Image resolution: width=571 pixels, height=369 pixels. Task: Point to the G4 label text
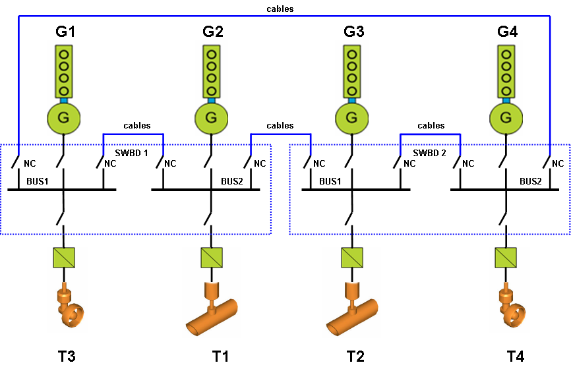click(506, 31)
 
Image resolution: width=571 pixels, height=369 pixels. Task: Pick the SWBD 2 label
click(429, 152)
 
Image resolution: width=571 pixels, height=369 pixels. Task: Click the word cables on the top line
click(280, 9)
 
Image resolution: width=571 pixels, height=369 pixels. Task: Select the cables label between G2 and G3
click(280, 125)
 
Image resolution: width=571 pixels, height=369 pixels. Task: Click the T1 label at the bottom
click(220, 356)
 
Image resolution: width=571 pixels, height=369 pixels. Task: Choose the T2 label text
click(355, 356)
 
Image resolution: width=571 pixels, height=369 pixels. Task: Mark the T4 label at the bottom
click(516, 356)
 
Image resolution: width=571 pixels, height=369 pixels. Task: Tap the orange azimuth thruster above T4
click(511, 306)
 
